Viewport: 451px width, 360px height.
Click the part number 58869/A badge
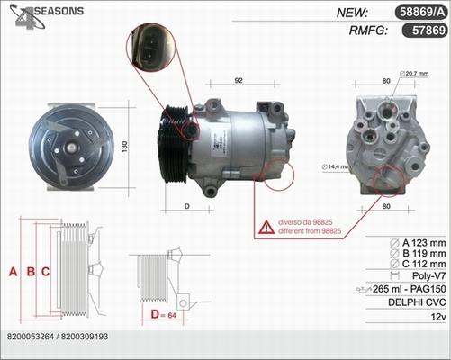(x=421, y=13)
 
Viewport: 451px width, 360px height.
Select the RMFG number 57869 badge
(x=425, y=31)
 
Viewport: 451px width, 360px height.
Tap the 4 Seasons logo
(x=47, y=16)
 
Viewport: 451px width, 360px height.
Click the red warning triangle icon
(x=266, y=228)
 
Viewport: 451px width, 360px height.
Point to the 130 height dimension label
(x=124, y=147)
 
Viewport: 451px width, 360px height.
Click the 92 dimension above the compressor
(x=239, y=81)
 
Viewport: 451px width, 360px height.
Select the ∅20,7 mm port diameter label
(x=414, y=74)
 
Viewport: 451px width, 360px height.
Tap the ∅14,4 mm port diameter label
(x=336, y=166)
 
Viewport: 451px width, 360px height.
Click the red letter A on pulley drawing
(x=13, y=272)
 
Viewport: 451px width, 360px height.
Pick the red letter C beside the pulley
(x=45, y=272)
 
